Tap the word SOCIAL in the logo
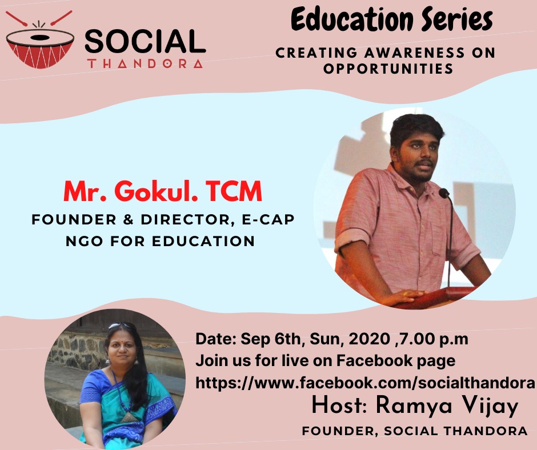click(145, 42)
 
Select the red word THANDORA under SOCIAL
click(145, 64)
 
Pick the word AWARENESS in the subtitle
click(415, 53)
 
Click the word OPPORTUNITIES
click(388, 69)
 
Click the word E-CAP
click(268, 219)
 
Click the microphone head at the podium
click(444, 193)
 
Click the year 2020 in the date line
click(370, 339)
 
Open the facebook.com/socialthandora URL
click(364, 383)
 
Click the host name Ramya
click(414, 406)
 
